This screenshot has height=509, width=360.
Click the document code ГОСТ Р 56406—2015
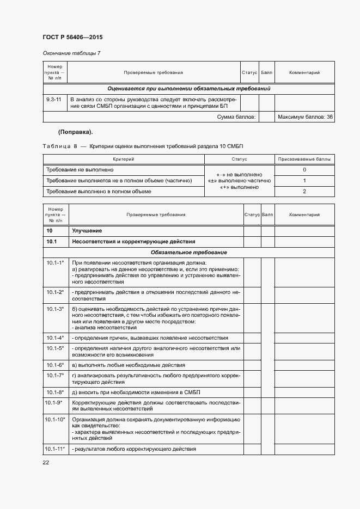point(72,38)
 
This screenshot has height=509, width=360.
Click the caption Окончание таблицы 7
point(71,53)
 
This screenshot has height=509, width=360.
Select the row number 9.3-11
point(54,100)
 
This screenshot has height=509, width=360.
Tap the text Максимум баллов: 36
point(305,117)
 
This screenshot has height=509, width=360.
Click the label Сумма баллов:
point(237,117)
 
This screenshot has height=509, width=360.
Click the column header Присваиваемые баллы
point(304,159)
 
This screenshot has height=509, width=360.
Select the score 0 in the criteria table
point(304,170)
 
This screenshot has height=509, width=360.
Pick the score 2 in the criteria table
point(304,191)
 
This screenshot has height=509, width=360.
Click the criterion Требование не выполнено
point(80,170)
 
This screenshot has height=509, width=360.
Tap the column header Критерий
point(123,159)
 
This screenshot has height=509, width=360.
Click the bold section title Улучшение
point(87,231)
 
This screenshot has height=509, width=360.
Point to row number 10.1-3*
point(55,309)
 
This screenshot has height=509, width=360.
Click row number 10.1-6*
point(55,365)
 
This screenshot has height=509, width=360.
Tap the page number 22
point(46,463)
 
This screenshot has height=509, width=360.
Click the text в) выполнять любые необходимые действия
point(129,365)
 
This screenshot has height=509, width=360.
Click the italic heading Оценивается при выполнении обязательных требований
point(189,88)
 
